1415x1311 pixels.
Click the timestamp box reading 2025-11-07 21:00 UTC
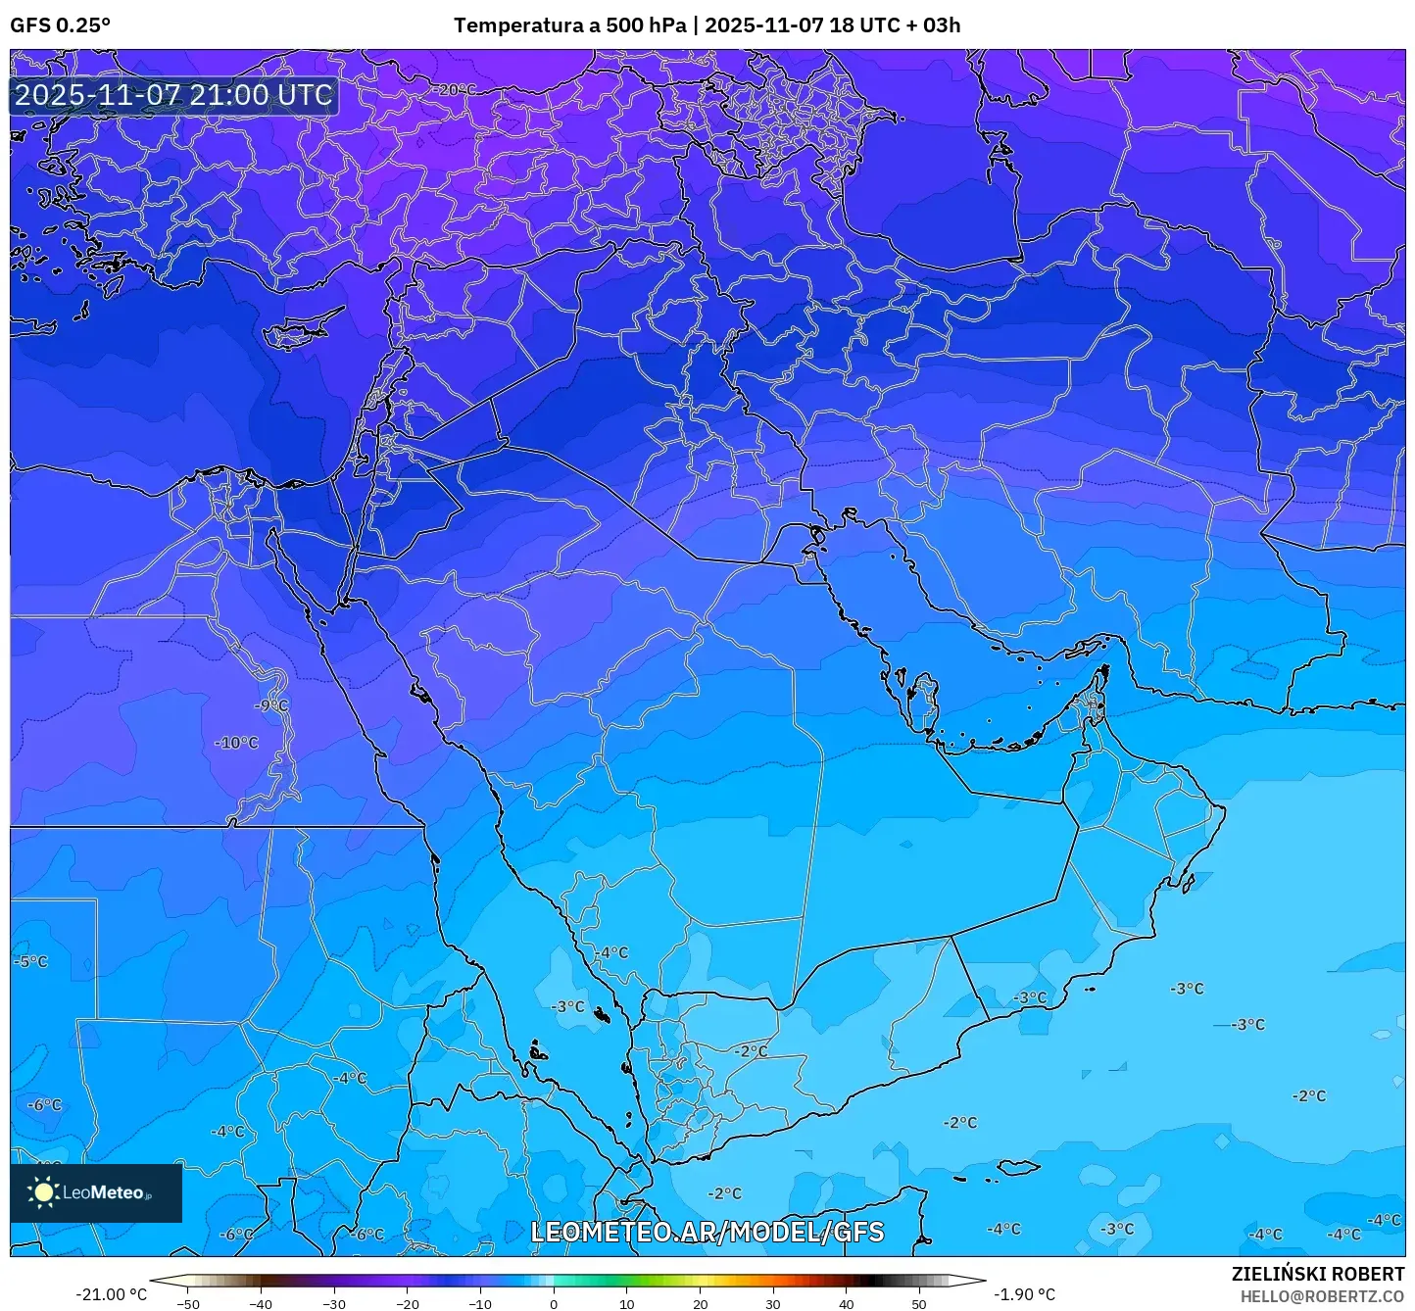point(173,95)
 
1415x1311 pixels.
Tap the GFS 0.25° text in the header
point(60,25)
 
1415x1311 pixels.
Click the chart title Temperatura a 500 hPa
point(569,25)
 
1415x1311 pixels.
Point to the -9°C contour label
point(271,705)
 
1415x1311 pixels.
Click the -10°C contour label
point(236,743)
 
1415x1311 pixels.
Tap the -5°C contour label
point(30,961)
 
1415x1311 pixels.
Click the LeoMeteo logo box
point(96,1192)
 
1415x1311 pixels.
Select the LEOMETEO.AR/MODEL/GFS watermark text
point(707,1232)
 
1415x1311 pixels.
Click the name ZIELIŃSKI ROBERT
point(1318,1274)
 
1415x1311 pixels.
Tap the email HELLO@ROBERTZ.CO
point(1322,1295)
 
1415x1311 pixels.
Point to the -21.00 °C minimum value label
point(111,1294)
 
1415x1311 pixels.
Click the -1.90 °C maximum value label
point(1025,1294)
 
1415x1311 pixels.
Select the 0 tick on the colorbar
point(554,1304)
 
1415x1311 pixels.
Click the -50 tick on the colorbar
point(188,1304)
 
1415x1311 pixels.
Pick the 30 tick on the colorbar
point(773,1304)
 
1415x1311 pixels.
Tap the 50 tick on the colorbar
point(919,1304)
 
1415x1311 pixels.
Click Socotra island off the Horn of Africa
point(1018,1167)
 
